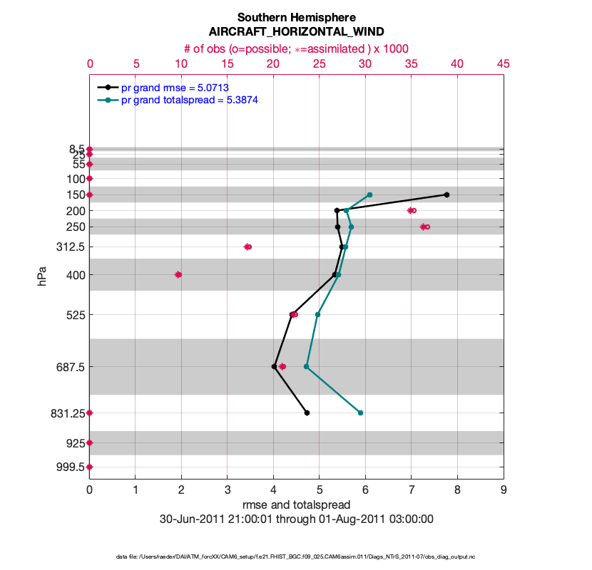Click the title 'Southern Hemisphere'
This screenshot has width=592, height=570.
point(296,17)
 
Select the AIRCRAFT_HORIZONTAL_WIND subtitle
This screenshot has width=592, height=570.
point(296,32)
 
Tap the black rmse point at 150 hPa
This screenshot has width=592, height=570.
point(446,195)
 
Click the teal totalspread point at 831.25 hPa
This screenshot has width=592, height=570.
point(360,413)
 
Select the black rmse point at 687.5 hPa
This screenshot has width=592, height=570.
point(274,366)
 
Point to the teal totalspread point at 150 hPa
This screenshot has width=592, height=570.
point(369,195)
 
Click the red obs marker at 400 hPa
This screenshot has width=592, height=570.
point(178,274)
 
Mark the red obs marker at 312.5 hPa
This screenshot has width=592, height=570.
point(247,247)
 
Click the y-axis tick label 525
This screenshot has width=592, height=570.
point(75,314)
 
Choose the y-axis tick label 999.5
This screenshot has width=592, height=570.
point(70,467)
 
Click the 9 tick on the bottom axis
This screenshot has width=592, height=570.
point(504,489)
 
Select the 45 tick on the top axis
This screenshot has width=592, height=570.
point(504,63)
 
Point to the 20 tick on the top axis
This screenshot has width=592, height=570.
point(273,63)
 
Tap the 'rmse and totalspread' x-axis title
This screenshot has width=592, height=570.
point(296,505)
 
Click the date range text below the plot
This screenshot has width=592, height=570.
point(296,519)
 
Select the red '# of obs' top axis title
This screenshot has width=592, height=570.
point(296,48)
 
